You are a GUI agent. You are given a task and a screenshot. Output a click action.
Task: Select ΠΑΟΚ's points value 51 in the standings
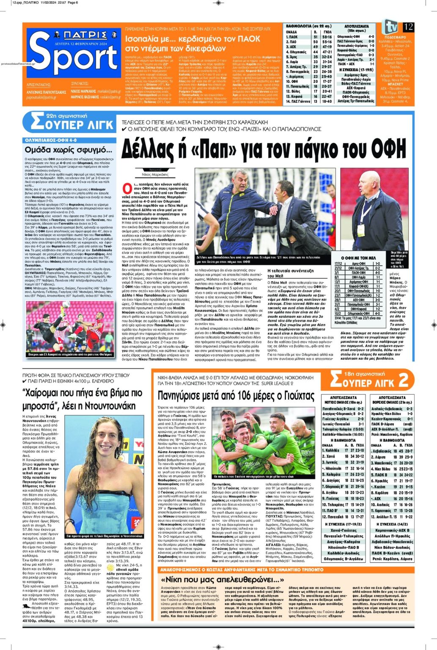[x=315, y=37]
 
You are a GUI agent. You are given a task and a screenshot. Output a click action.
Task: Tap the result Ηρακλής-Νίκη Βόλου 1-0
[x=392, y=414]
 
